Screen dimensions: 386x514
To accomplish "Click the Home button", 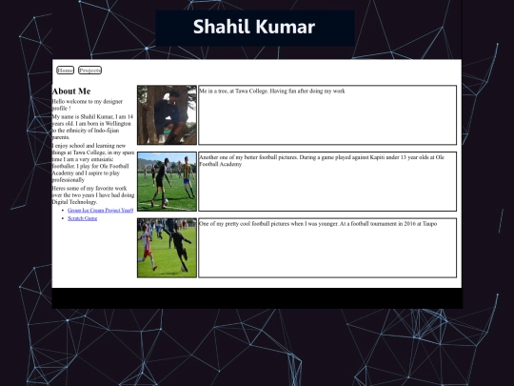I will point(66,71).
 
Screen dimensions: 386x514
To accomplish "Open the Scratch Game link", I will point(83,218).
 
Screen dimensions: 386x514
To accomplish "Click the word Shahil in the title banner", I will point(222,27).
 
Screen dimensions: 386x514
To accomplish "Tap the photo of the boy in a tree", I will point(167,114).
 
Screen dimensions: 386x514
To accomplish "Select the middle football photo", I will point(167,181).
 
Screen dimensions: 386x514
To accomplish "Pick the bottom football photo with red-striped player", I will point(167,248).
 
